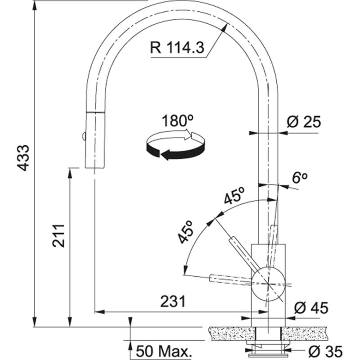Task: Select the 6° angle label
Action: click(299, 178)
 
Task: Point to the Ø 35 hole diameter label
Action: click(322, 350)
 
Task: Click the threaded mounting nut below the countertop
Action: click(268, 345)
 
